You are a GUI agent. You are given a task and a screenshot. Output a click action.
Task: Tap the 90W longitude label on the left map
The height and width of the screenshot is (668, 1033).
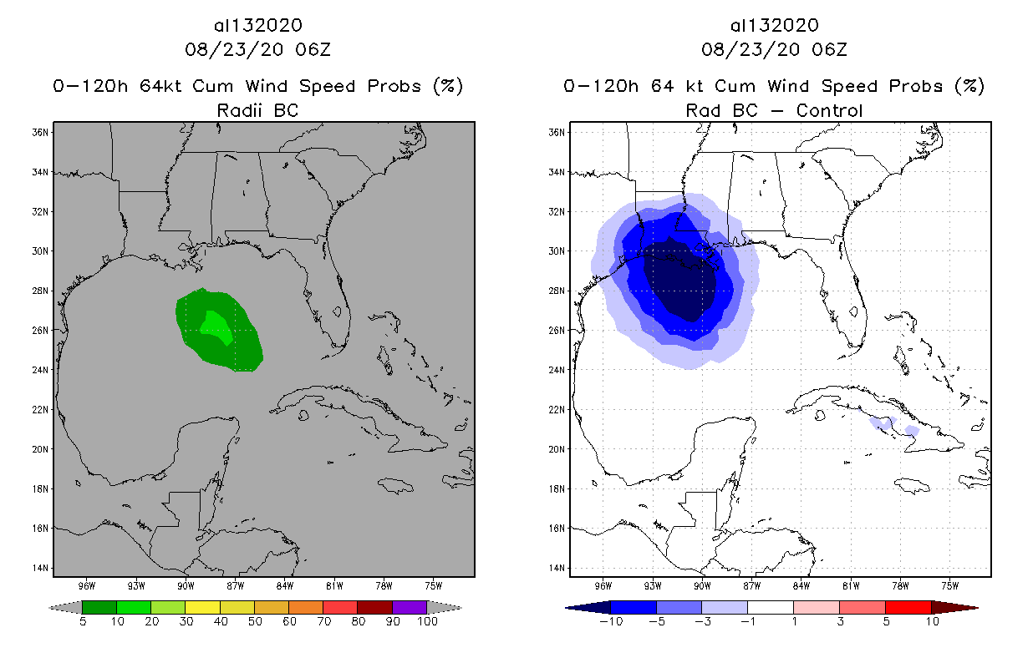point(186,584)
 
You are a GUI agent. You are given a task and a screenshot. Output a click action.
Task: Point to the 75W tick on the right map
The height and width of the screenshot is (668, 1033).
point(949,584)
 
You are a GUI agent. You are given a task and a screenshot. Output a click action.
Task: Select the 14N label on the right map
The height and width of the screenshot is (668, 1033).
point(557,568)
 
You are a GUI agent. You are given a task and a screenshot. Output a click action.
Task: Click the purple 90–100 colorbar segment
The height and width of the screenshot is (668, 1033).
point(410,607)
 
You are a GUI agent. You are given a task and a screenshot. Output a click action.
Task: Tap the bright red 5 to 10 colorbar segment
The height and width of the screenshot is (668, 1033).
point(908,607)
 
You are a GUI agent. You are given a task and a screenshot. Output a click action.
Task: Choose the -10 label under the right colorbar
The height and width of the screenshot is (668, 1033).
point(610,621)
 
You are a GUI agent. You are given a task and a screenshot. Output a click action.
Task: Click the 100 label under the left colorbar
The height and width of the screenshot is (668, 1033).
point(427,621)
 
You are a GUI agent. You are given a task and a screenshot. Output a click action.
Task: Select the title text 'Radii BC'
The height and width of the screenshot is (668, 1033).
point(257,110)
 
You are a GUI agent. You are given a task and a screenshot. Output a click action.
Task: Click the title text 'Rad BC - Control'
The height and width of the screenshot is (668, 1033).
point(774,110)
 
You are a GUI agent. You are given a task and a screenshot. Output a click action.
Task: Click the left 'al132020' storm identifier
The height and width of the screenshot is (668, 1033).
point(257,26)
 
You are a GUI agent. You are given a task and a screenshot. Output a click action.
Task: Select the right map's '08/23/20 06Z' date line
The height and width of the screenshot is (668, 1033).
point(774,50)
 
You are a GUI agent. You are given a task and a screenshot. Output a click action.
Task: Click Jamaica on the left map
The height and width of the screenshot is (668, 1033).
point(396,484)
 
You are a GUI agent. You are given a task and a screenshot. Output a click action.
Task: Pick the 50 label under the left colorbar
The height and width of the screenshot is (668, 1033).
point(254,621)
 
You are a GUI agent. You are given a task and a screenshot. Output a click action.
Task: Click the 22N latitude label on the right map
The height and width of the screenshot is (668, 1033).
point(557,409)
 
